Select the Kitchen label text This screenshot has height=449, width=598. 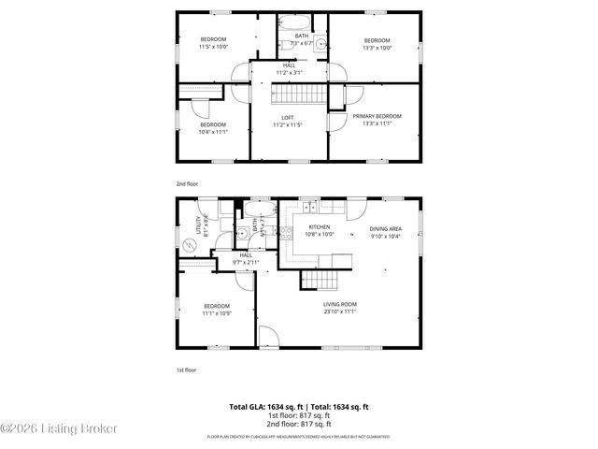click(x=319, y=227)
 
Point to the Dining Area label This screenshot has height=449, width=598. click(x=385, y=229)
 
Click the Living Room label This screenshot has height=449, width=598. click(x=340, y=304)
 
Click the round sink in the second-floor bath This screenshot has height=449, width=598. click(x=319, y=43)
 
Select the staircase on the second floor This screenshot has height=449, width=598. click(x=297, y=94)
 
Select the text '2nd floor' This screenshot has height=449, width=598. click(x=187, y=184)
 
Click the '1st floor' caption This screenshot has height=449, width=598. click(x=187, y=369)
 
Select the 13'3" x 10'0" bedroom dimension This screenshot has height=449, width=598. click(x=377, y=47)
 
